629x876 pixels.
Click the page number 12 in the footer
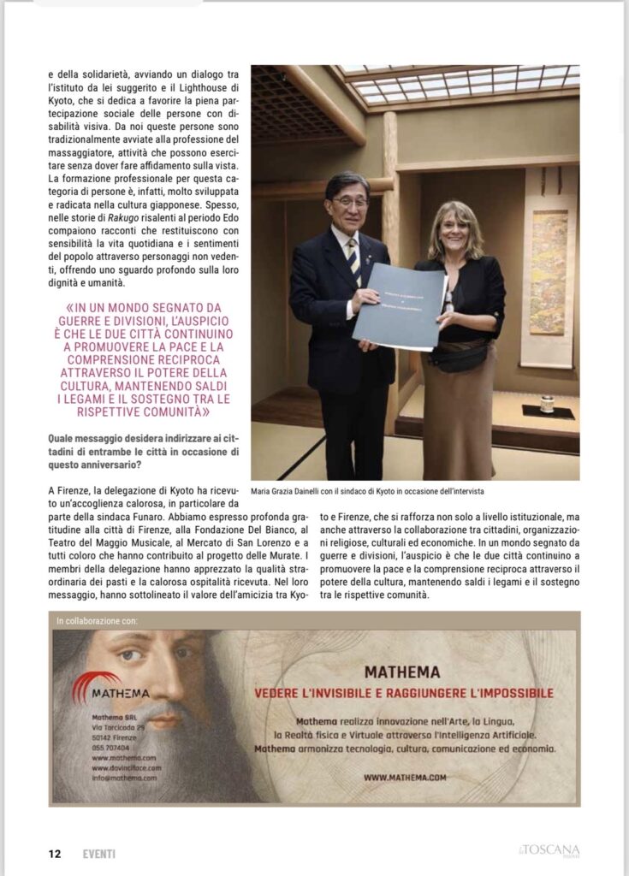point(54,853)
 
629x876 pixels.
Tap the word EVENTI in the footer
point(98,853)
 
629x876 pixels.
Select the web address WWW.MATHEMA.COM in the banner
point(405,777)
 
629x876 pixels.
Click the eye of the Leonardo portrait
point(130,655)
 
